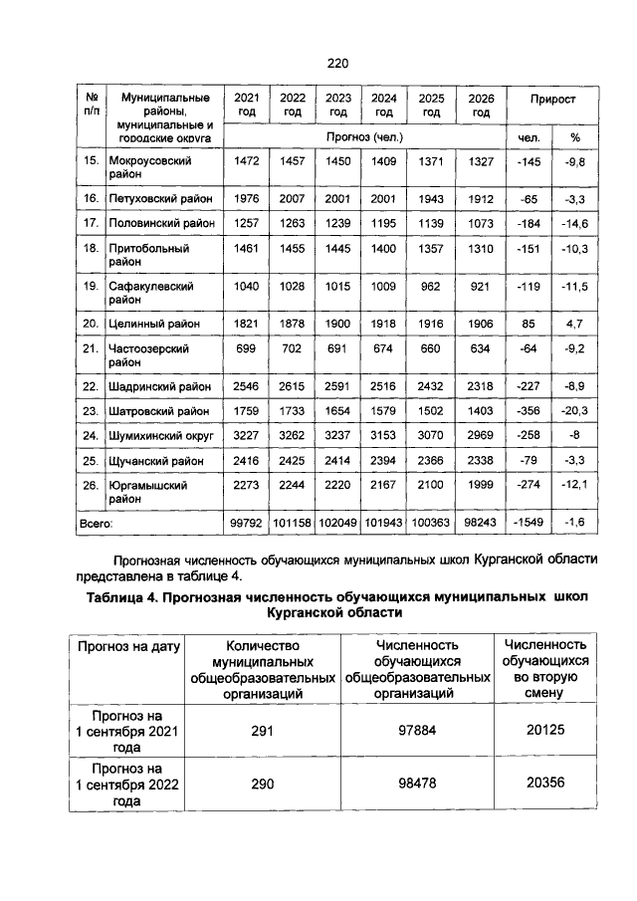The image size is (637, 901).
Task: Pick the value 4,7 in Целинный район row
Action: click(x=574, y=324)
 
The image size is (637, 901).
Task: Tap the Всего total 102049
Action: click(x=338, y=523)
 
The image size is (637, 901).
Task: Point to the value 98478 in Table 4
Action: click(x=418, y=784)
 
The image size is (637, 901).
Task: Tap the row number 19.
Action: click(x=91, y=286)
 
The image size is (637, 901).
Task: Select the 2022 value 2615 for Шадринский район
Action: click(x=293, y=385)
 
